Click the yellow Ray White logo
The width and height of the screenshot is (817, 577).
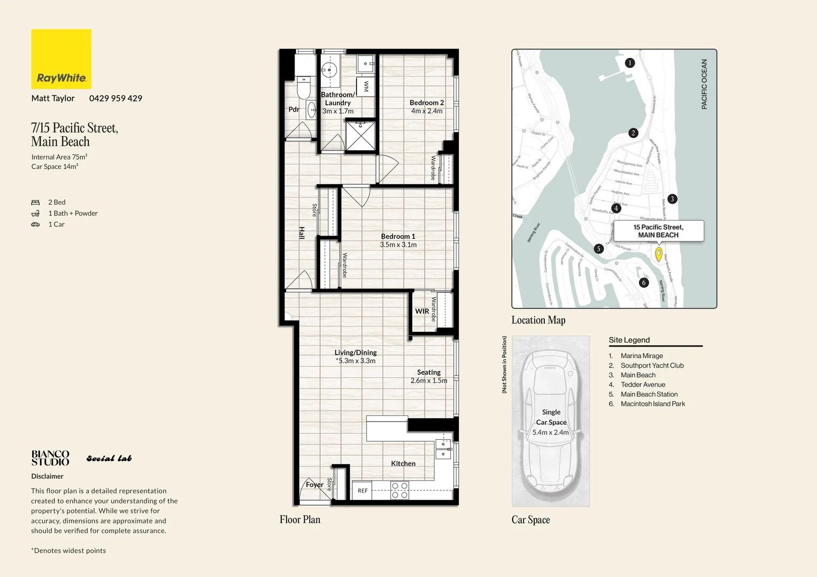[x=61, y=59]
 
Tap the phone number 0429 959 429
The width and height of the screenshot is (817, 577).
[x=115, y=98]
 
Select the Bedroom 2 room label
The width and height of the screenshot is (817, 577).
[x=427, y=103]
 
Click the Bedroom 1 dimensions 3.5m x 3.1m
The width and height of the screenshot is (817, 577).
[x=398, y=245]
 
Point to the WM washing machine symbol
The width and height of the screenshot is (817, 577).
[x=366, y=85]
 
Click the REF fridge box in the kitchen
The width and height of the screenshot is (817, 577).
[x=363, y=490]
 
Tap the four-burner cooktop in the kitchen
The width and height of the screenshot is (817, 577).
[x=399, y=490]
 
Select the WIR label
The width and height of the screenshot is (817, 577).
[x=422, y=311]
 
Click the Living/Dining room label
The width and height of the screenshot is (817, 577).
[x=356, y=353]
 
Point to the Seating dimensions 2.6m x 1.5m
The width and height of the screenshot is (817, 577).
[x=429, y=381]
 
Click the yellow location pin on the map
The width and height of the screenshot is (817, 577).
[x=659, y=254]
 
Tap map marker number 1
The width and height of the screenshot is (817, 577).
[x=630, y=63]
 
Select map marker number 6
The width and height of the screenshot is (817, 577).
[x=644, y=283]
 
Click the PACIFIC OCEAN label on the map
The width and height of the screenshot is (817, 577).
[x=704, y=84]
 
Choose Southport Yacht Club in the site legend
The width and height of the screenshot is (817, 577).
[x=652, y=365]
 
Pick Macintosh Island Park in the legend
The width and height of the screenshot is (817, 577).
[x=652, y=404]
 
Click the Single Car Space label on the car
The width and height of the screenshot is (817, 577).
[x=551, y=417]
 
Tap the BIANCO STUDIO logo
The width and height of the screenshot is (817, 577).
[x=50, y=458]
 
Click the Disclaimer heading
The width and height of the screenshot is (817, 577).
[x=47, y=476]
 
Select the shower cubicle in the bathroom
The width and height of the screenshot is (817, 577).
[x=361, y=137]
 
